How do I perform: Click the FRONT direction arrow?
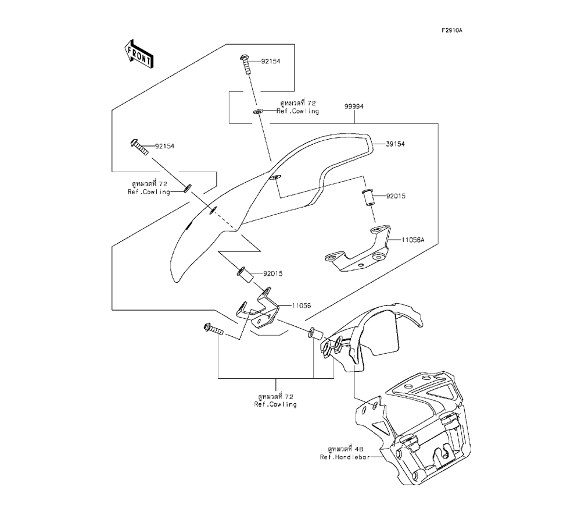(139, 54)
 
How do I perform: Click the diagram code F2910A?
(451, 30)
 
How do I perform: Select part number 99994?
(354, 106)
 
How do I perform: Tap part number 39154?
(395, 144)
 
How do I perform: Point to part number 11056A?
(413, 240)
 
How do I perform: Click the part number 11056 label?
(302, 305)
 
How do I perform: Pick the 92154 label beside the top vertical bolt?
(271, 61)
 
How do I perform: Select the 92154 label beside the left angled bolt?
(164, 146)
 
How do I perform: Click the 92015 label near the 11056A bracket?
(396, 196)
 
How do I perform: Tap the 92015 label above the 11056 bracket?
(273, 274)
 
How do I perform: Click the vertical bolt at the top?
(246, 65)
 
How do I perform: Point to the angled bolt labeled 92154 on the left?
(139, 147)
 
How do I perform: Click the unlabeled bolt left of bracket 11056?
(213, 329)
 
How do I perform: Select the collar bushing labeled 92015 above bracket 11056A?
(367, 197)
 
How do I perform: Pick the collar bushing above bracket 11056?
(245, 275)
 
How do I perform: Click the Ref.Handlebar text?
(345, 457)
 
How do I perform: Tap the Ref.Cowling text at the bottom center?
(275, 404)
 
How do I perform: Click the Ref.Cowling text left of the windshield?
(149, 192)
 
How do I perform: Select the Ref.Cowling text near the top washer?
(297, 111)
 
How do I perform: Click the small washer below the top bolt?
(259, 111)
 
